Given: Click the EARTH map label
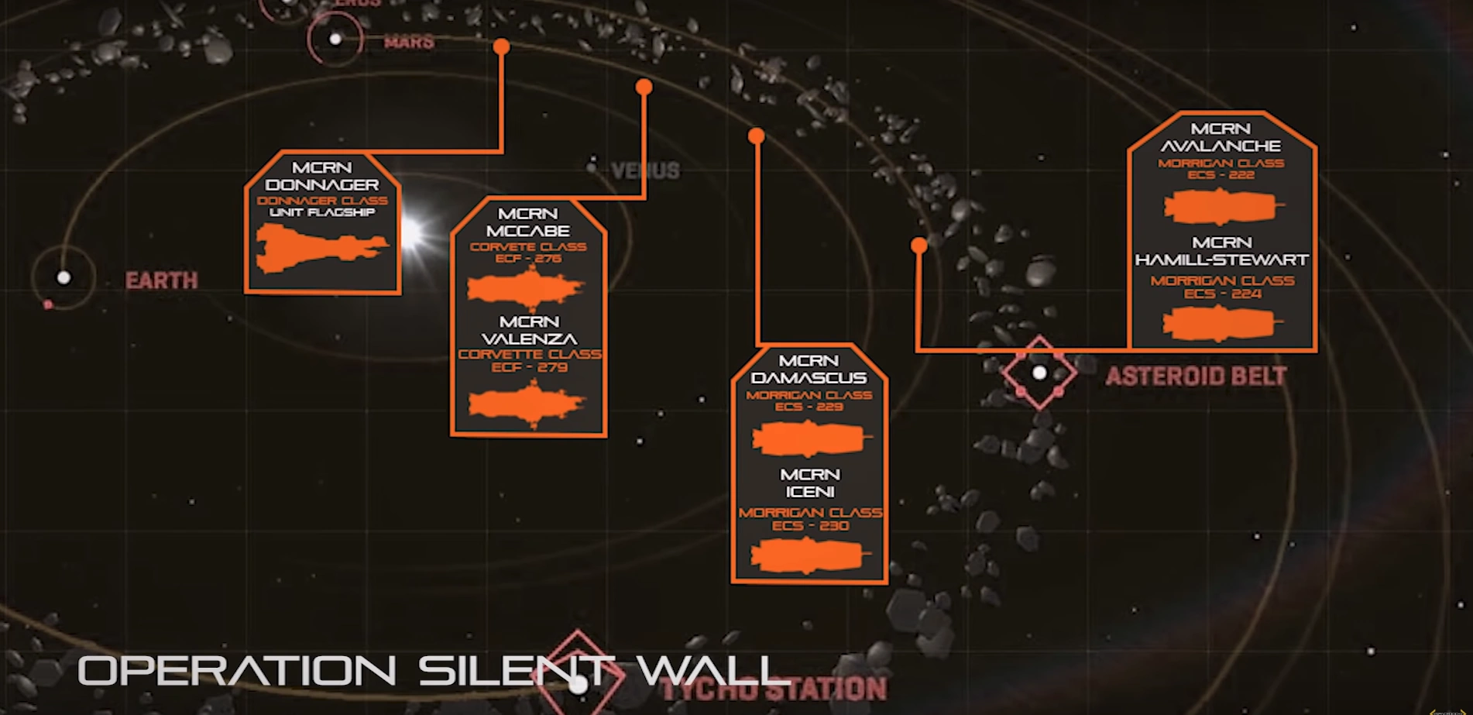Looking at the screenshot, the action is tap(161, 280).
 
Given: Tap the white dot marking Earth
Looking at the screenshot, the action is tap(64, 277).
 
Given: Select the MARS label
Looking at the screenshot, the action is tap(409, 42).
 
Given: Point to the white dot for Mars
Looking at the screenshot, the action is tap(335, 39).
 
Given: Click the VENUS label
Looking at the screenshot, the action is tap(645, 170).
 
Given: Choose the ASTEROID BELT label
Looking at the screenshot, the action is tap(1196, 376).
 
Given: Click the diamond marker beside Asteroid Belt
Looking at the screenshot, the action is tap(1039, 373).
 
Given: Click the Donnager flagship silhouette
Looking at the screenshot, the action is tap(320, 248).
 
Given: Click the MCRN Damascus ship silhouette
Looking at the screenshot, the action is tap(809, 438).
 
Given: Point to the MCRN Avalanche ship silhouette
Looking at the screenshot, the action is tap(1221, 207).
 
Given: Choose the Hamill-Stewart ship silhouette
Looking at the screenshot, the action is tap(1221, 323).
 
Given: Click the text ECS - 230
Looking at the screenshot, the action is tap(810, 525).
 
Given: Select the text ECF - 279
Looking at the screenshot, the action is tap(529, 366).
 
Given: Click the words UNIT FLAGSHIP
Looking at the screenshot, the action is tap(322, 212).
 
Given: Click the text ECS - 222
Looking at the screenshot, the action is tap(1221, 175).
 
